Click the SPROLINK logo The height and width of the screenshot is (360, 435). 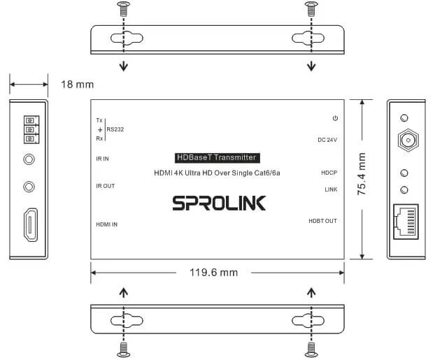click(x=219, y=203)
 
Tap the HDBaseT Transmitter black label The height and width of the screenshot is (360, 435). click(x=217, y=157)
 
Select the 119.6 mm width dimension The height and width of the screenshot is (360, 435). click(x=214, y=273)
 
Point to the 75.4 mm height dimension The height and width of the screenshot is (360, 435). click(x=362, y=173)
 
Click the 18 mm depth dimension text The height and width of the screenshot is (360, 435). click(x=78, y=85)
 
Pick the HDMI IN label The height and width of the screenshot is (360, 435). click(x=107, y=224)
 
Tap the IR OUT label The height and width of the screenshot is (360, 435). click(x=106, y=186)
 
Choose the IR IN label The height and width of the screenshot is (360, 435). click(x=102, y=159)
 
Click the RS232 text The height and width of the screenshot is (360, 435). click(x=115, y=129)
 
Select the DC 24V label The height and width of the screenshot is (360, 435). click(x=327, y=140)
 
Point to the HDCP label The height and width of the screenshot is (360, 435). click(x=329, y=173)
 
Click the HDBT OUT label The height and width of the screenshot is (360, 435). click(x=323, y=221)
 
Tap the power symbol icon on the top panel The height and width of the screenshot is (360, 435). click(x=335, y=118)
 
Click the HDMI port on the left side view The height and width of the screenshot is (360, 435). click(x=31, y=224)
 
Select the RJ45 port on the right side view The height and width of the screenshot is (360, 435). click(x=406, y=222)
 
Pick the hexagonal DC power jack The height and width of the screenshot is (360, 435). click(x=408, y=140)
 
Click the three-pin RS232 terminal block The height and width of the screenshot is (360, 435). click(x=31, y=129)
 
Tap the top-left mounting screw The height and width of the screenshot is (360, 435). click(x=124, y=8)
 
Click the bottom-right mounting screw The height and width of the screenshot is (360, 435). click(x=311, y=350)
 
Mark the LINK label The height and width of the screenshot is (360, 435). click(x=331, y=189)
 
